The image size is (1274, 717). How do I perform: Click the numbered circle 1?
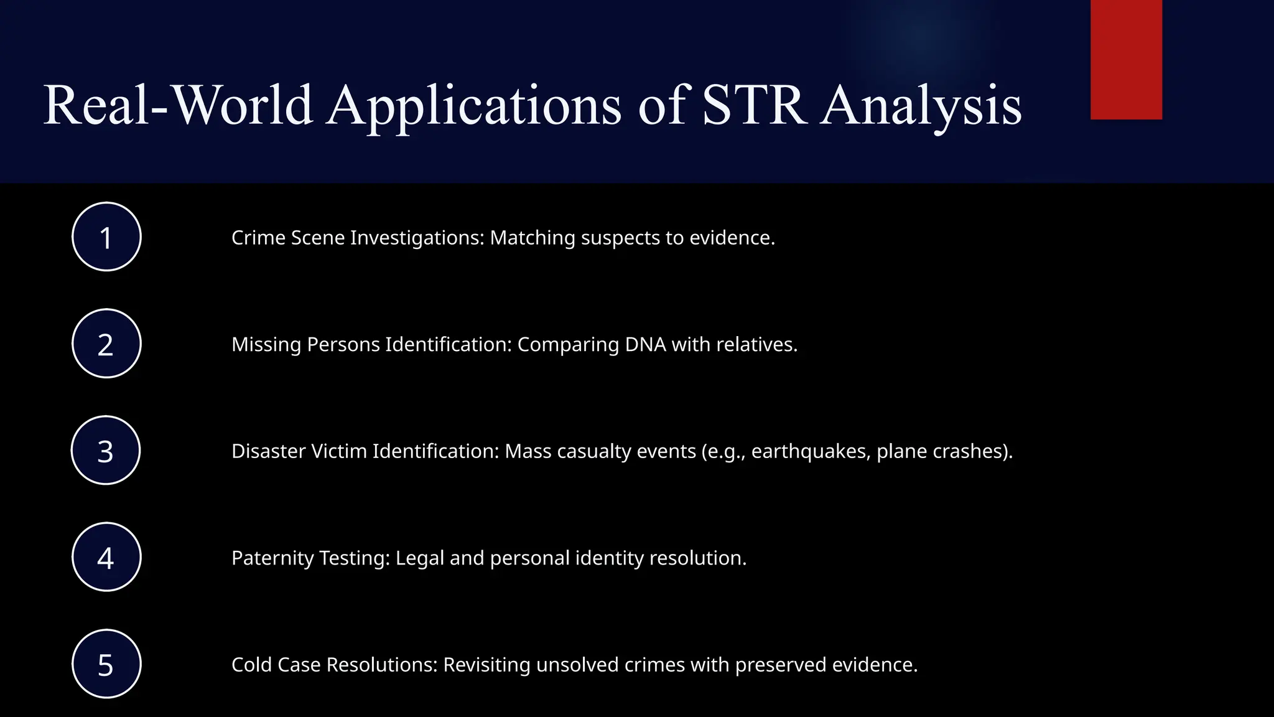point(106,237)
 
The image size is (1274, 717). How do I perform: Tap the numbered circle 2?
point(106,344)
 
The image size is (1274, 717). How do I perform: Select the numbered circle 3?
point(106,450)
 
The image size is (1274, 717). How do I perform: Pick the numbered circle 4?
point(106,557)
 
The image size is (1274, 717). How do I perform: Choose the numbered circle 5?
point(106,664)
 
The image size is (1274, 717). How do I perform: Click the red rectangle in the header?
point(1126,59)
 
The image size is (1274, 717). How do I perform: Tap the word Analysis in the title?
point(921,106)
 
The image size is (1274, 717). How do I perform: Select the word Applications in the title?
point(474,106)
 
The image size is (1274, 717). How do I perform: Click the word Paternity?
point(272,558)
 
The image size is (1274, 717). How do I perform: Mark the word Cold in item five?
point(251,665)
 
